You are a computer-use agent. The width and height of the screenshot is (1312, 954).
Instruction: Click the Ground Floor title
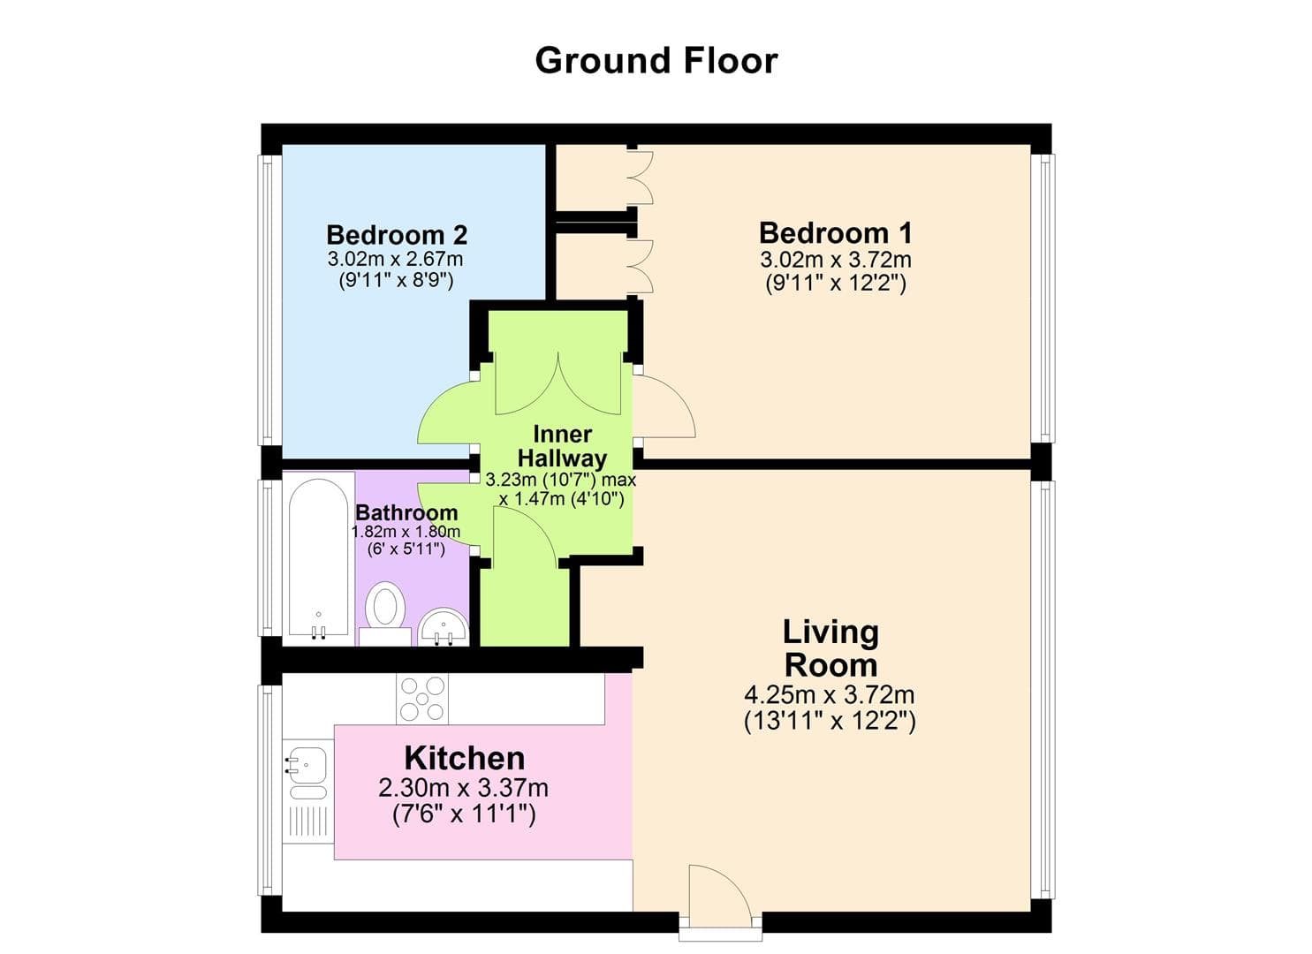656,61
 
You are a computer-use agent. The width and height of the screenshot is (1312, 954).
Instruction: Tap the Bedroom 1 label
835,233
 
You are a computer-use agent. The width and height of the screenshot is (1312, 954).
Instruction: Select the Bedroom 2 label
397,235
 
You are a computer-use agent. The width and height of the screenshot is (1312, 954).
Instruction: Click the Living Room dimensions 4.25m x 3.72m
829,695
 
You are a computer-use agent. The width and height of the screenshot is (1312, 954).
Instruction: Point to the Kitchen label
465,758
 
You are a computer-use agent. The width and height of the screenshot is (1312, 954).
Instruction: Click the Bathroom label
406,512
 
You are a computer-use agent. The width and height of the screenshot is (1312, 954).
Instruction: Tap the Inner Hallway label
562,446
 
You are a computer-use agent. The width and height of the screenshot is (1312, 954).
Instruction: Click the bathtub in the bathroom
318,556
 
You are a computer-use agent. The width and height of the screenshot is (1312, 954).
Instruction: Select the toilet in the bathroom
385,608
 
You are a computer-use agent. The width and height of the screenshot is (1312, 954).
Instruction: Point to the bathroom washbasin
444,626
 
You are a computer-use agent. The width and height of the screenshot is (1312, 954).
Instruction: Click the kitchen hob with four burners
422,699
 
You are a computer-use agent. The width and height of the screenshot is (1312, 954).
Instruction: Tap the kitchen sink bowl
306,761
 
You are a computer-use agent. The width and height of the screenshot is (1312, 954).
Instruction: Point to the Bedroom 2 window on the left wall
266,300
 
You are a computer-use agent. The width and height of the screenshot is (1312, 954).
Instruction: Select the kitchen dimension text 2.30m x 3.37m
463,787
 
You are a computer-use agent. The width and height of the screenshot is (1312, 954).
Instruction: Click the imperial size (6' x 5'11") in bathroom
406,549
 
